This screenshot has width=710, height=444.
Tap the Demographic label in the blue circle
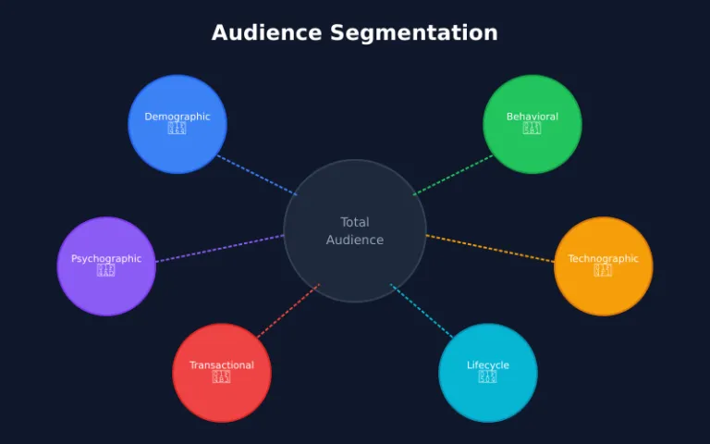[x=177, y=117]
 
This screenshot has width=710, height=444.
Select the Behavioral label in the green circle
[x=532, y=117]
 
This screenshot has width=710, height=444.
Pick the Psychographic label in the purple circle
[x=106, y=259]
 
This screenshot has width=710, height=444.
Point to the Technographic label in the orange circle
[x=603, y=259]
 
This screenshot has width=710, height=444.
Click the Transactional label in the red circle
[x=222, y=365]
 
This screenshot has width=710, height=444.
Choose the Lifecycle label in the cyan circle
[x=488, y=365]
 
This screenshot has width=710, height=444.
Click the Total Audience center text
[x=355, y=231]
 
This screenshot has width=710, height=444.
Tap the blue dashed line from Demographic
[x=257, y=175]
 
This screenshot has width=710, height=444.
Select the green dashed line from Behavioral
[x=454, y=175]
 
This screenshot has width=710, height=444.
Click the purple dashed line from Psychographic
[x=220, y=249]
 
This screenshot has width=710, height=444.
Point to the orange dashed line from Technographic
[x=490, y=249]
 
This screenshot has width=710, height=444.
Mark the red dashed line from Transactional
[x=288, y=311]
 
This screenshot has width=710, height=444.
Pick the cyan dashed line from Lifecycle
[x=422, y=311]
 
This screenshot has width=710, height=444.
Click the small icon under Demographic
[x=177, y=129]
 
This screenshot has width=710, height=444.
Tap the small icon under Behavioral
[x=532, y=129]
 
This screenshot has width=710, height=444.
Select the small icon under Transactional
[x=222, y=377]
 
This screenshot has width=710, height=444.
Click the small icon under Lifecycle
[x=488, y=377]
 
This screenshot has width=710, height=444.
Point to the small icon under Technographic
[x=603, y=271]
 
